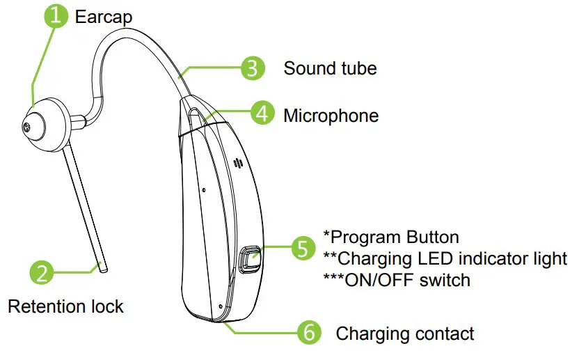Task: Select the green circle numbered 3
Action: pos(253,68)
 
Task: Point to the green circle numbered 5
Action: pos(302,247)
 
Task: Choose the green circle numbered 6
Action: pos(308,333)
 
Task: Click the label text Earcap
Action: pos(104,17)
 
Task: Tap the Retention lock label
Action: pos(65,306)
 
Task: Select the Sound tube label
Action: pos(330,68)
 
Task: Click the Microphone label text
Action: pos(331,115)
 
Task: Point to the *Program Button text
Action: pos(390,237)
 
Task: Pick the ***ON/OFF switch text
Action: pos(397,280)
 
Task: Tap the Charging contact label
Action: pos(405,334)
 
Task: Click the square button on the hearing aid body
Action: pos(250,260)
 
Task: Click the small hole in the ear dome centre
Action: pos(27,127)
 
